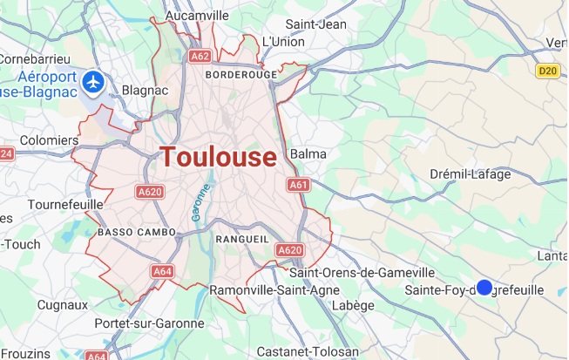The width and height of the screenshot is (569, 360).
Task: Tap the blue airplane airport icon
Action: coord(94,83)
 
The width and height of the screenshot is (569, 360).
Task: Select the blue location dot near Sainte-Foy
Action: coord(484,288)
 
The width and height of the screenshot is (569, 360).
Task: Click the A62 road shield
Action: coord(199,57)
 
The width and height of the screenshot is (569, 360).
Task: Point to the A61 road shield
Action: coord(299,185)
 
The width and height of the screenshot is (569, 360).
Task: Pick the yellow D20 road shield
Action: coord(546,71)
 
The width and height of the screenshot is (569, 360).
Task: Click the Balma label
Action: coord(308,154)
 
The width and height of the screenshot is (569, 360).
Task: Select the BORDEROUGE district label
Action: coord(240,75)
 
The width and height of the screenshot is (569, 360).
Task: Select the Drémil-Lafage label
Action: coord(471,174)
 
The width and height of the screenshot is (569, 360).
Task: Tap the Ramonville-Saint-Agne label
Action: coord(269,289)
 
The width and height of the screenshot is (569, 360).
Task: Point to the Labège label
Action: coord(354,305)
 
